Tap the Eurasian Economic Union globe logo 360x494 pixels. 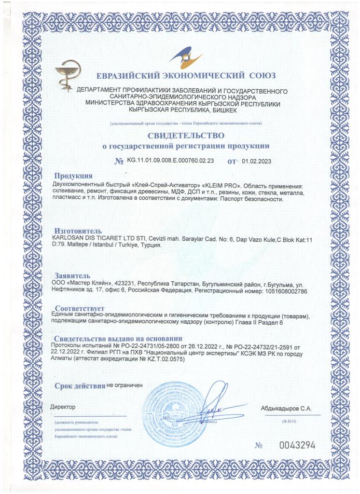[186, 61]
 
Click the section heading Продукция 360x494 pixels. [73, 176]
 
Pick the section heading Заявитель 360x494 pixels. [73, 275]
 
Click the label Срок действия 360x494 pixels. [80, 386]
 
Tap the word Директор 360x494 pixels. [63, 407]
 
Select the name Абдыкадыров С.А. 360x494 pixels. [286, 409]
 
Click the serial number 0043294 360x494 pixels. [297, 445]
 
